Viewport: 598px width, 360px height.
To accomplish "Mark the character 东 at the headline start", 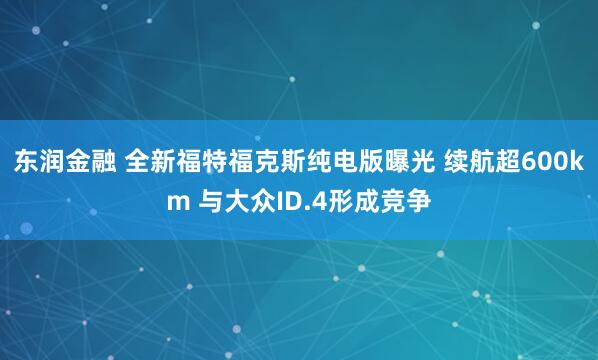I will point(26,164).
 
